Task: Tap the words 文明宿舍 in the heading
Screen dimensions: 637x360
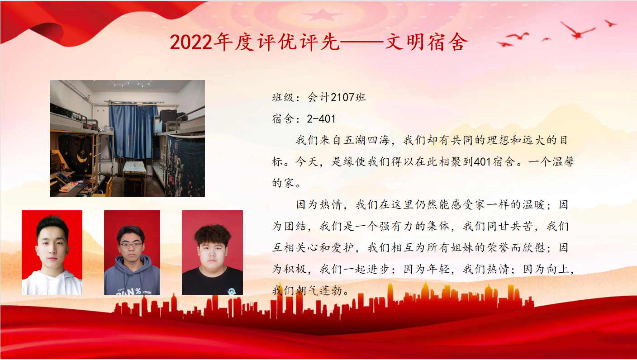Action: (426, 42)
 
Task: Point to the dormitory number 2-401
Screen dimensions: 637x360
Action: (321, 119)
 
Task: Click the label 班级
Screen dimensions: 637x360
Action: (283, 98)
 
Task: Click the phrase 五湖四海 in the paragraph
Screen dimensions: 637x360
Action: (366, 140)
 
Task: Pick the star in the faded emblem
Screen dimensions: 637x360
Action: (322, 15)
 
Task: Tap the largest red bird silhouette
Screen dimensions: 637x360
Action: (577, 31)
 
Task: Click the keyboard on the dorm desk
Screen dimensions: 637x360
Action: (68, 186)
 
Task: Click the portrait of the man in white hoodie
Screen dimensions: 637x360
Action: (52, 252)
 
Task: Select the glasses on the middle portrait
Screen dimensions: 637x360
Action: (131, 246)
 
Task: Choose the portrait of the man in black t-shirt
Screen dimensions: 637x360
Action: (213, 252)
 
